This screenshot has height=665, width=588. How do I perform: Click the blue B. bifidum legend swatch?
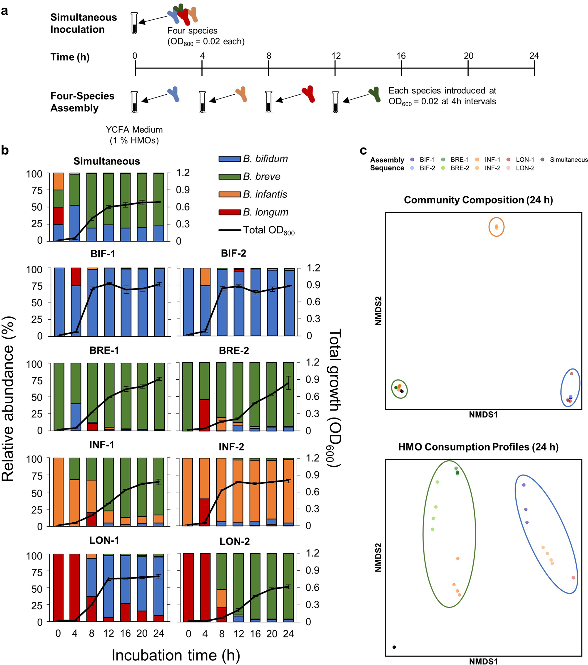(x=230, y=159)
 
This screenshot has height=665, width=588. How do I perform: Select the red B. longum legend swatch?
(x=230, y=212)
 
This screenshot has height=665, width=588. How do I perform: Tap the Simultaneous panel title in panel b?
(x=106, y=161)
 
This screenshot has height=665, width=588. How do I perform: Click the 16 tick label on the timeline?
(x=401, y=56)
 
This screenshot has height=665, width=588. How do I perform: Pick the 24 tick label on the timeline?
(x=534, y=56)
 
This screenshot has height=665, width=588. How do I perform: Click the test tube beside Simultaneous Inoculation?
(x=134, y=23)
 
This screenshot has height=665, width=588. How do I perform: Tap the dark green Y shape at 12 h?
(x=375, y=94)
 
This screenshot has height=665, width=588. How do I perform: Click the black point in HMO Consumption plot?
(x=394, y=647)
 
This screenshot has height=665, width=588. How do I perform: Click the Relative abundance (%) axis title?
(x=8, y=398)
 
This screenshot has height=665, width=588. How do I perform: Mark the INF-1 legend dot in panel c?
(x=477, y=159)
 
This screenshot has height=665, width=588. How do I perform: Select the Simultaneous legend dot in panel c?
(x=542, y=159)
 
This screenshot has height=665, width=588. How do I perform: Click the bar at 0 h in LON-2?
(x=188, y=587)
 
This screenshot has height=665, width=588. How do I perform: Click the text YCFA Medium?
(x=134, y=130)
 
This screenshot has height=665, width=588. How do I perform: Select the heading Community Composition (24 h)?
(x=478, y=200)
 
